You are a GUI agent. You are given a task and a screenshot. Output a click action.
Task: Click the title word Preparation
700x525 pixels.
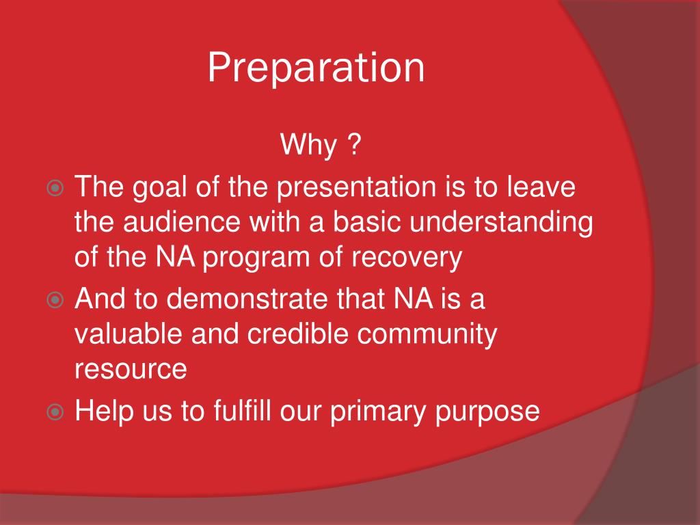click(316, 68)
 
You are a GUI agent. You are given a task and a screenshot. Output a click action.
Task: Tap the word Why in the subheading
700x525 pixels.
click(308, 145)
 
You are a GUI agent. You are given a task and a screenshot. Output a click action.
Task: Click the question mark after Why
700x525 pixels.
click(353, 144)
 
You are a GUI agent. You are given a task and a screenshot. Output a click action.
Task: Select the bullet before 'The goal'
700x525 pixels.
click(55, 188)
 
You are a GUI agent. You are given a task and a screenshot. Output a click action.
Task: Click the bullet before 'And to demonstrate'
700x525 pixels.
click(55, 299)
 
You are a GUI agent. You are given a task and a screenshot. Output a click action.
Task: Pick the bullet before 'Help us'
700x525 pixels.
click(55, 411)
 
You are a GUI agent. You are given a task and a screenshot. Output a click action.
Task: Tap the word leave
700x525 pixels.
click(541, 187)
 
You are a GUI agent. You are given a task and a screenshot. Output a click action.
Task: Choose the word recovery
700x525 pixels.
click(407, 258)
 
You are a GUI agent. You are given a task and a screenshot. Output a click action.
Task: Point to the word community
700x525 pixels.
click(427, 335)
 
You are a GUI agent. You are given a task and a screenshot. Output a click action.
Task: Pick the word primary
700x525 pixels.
click(378, 412)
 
